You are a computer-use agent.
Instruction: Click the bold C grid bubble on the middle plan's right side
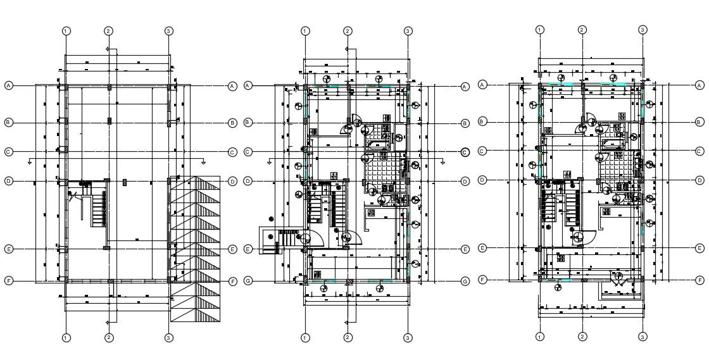pyautogui.click(x=465, y=152)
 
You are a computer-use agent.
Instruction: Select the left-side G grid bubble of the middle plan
pyautogui.click(x=248, y=281)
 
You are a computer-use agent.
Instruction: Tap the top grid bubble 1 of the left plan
pyautogui.click(x=66, y=30)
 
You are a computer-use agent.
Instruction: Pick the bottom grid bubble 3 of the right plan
pyautogui.click(x=642, y=337)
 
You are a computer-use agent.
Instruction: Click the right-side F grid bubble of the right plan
pyautogui.click(x=700, y=279)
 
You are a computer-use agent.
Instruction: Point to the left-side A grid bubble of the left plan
pyautogui.click(x=9, y=85)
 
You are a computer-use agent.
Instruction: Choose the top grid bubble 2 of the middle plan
pyautogui.click(x=348, y=30)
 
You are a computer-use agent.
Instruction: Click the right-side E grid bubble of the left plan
pyautogui.click(x=232, y=249)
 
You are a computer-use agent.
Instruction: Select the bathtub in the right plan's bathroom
pyautogui.click(x=612, y=144)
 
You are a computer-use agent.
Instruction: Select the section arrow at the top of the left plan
pyautogui.click(x=108, y=49)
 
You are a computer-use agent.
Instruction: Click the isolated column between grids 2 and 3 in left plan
pyautogui.click(x=125, y=182)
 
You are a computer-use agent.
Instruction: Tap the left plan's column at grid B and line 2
pyautogui.click(x=109, y=120)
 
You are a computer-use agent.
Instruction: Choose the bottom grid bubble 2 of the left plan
pyautogui.click(x=108, y=337)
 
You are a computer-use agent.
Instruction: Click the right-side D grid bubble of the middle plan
pyautogui.click(x=465, y=182)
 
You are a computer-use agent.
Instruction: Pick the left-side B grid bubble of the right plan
pyautogui.click(x=482, y=121)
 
